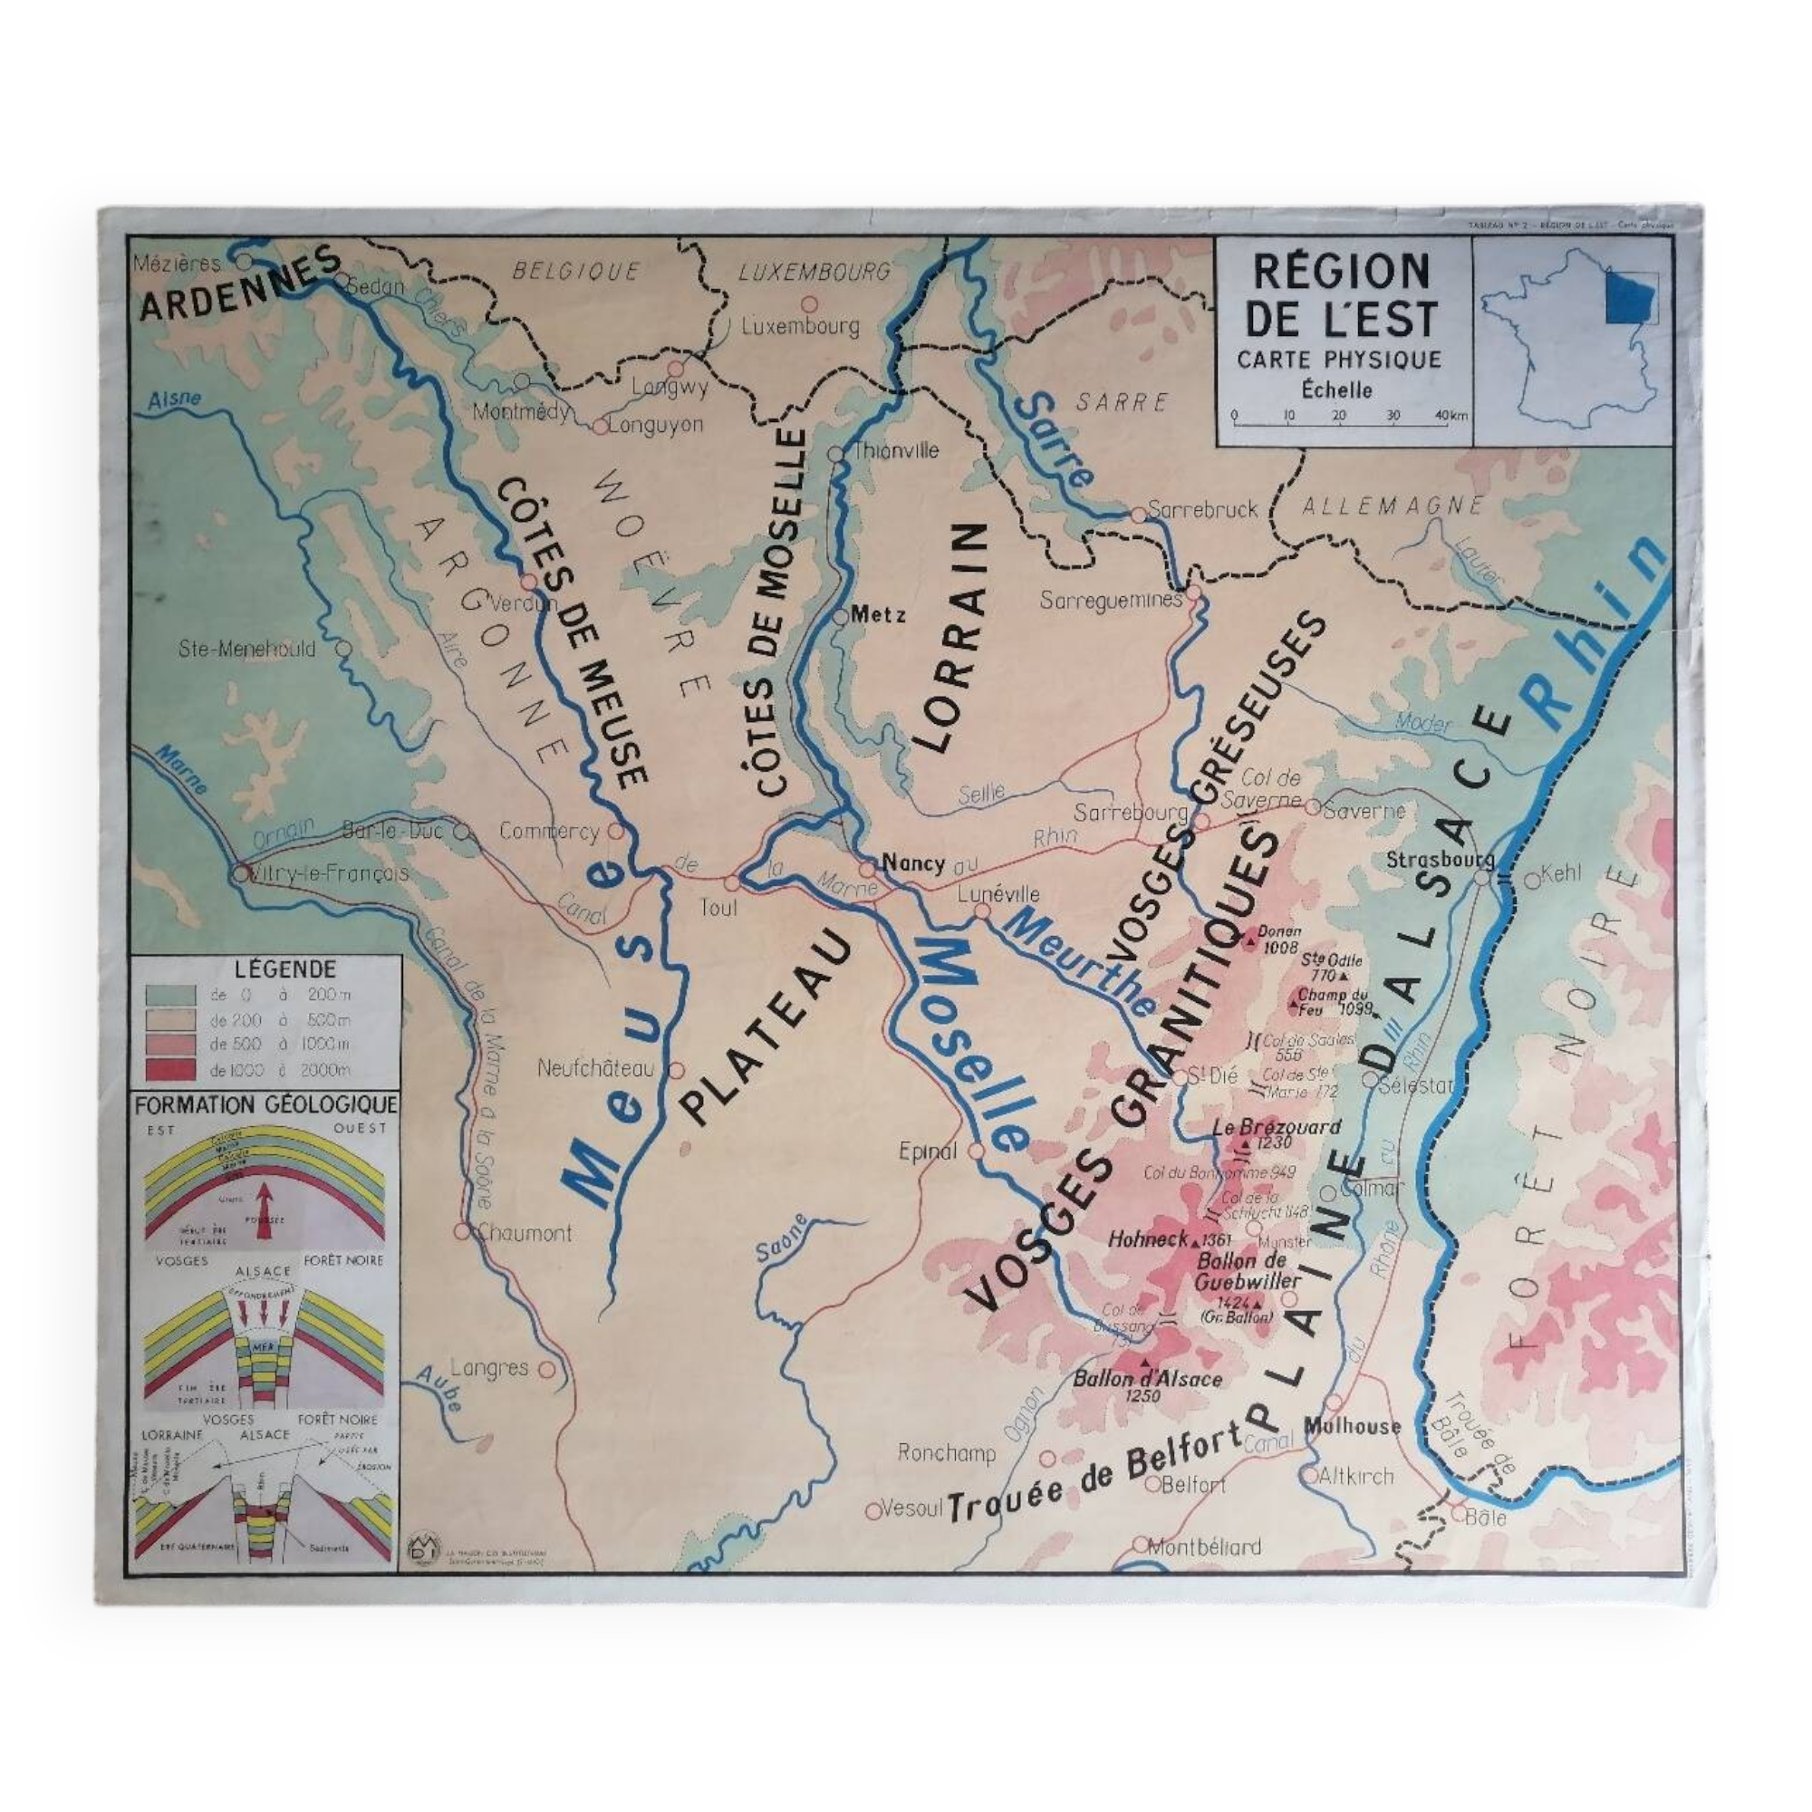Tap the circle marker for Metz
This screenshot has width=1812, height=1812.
[x=841, y=617]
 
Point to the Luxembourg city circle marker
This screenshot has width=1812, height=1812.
[x=808, y=304]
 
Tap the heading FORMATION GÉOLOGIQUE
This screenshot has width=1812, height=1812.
[x=265, y=1104]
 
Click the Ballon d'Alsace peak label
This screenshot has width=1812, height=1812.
[x=1147, y=1379]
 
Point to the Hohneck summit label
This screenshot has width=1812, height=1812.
[x=1147, y=1239]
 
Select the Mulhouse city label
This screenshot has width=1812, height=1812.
[x=1352, y=1427]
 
